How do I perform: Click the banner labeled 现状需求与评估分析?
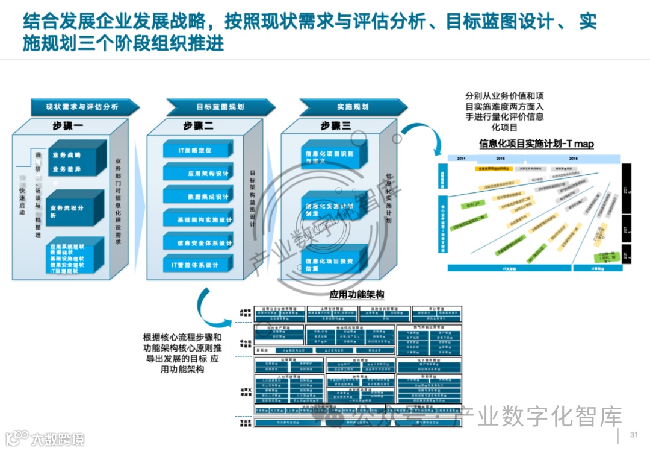tap(82, 107)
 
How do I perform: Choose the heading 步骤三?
tap(335, 127)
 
